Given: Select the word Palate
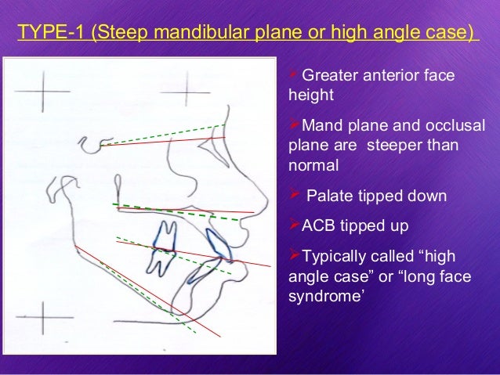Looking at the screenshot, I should pos(329,196).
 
